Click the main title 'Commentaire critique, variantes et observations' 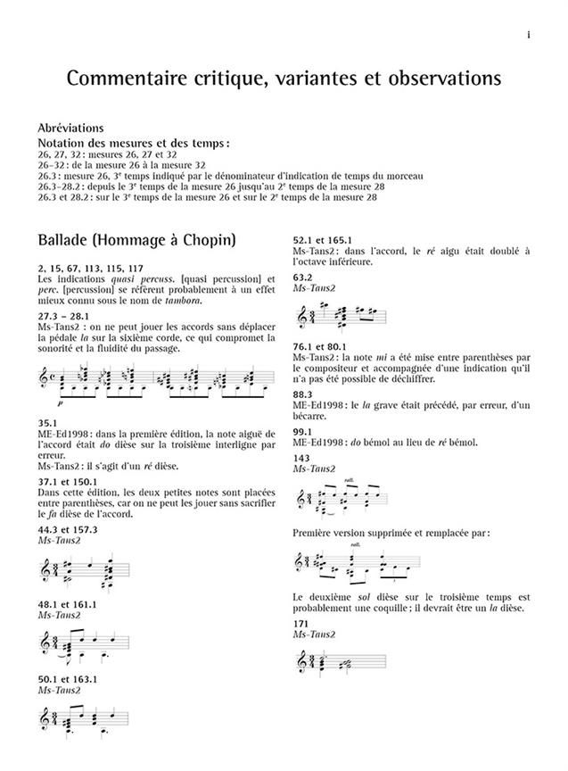284,79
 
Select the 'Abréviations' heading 70,128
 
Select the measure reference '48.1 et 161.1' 70,604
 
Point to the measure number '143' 302,458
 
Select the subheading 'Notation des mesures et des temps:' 133,143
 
